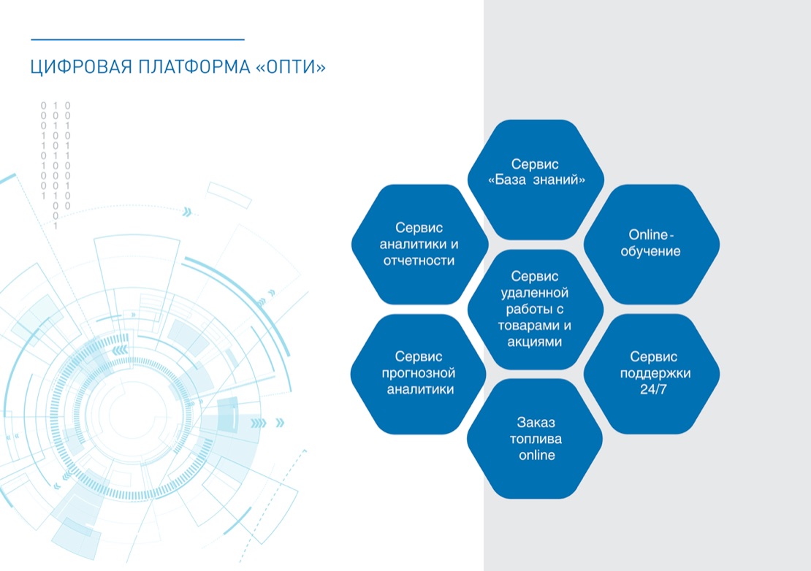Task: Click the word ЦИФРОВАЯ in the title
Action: [81, 67]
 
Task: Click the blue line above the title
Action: [137, 39]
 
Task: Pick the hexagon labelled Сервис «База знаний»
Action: [536, 180]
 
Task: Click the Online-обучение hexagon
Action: [652, 244]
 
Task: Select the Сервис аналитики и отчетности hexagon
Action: [419, 244]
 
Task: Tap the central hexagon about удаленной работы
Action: [536, 309]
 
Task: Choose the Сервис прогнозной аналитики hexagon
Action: [419, 374]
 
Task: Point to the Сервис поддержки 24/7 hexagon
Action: [652, 374]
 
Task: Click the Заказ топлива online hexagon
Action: [535, 439]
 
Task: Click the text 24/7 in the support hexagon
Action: [653, 390]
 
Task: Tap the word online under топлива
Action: [537, 455]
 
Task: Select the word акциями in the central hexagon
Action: [534, 342]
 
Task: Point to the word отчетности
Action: [419, 261]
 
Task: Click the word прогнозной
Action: [419, 373]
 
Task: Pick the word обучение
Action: [651, 252]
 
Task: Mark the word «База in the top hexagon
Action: [507, 180]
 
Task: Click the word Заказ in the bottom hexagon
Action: [536, 423]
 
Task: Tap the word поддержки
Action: [655, 373]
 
